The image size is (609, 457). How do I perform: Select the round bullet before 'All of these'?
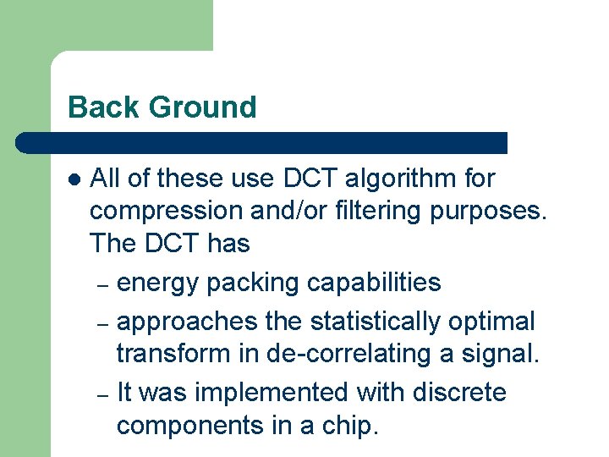pyautogui.click(x=74, y=179)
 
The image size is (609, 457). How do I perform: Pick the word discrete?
pyautogui.click(x=460, y=393)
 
